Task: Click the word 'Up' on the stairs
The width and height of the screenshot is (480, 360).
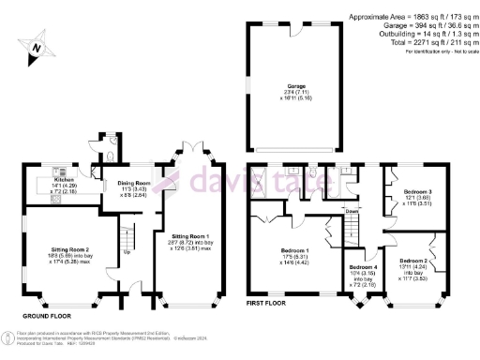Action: [x=128, y=251]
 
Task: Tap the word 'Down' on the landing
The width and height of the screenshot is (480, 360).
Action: [x=352, y=211]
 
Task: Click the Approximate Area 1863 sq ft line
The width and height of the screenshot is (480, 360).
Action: [x=412, y=17]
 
